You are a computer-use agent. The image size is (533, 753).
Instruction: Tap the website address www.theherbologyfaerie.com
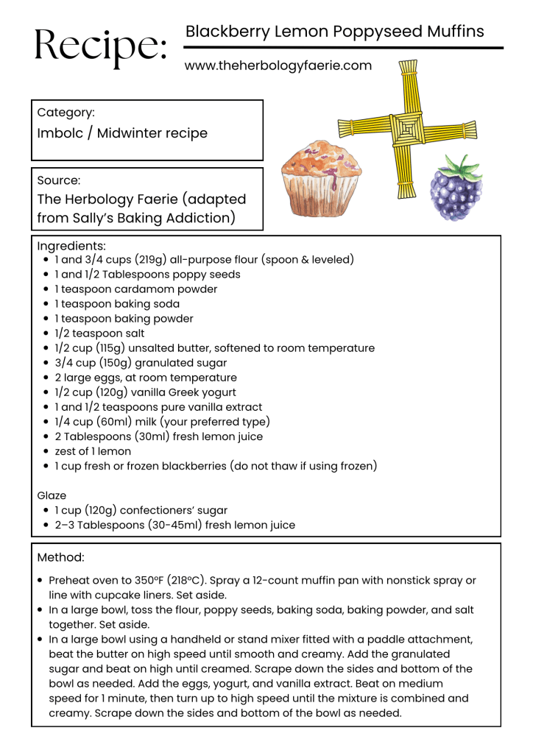pyautogui.click(x=278, y=66)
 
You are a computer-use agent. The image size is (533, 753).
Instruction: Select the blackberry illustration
pyautogui.click(x=456, y=193)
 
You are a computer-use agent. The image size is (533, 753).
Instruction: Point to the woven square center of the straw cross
pyautogui.click(x=406, y=130)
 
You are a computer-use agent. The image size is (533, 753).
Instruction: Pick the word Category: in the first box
pyautogui.click(x=66, y=113)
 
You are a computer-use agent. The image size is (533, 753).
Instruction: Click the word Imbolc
pyautogui.click(x=59, y=133)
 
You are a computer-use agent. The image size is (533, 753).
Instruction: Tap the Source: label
pyautogui.click(x=59, y=180)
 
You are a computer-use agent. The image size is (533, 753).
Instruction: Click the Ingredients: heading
pyautogui.click(x=71, y=246)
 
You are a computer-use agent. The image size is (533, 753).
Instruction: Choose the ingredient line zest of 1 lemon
pyautogui.click(x=93, y=451)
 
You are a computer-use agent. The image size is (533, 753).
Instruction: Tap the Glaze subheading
pyautogui.click(x=52, y=495)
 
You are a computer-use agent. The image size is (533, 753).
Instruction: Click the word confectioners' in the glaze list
pyautogui.click(x=159, y=510)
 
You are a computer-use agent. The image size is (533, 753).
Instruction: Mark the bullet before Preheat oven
pyautogui.click(x=40, y=581)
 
